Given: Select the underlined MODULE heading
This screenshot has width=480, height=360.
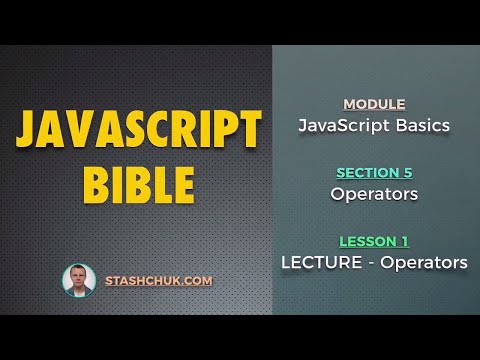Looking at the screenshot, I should point(374,104).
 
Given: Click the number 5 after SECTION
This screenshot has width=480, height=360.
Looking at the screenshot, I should point(407,172).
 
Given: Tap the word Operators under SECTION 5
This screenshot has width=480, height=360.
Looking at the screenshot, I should point(374,194).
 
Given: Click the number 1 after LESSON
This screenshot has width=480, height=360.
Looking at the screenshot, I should point(404,241).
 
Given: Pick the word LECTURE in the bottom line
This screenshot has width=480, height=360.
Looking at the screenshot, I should point(317,263).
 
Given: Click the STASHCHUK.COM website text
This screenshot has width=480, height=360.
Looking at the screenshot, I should point(159,281).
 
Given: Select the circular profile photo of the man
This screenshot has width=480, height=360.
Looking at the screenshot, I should point(78,281).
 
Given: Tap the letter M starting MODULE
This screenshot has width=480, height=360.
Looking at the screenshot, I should point(349,104).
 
